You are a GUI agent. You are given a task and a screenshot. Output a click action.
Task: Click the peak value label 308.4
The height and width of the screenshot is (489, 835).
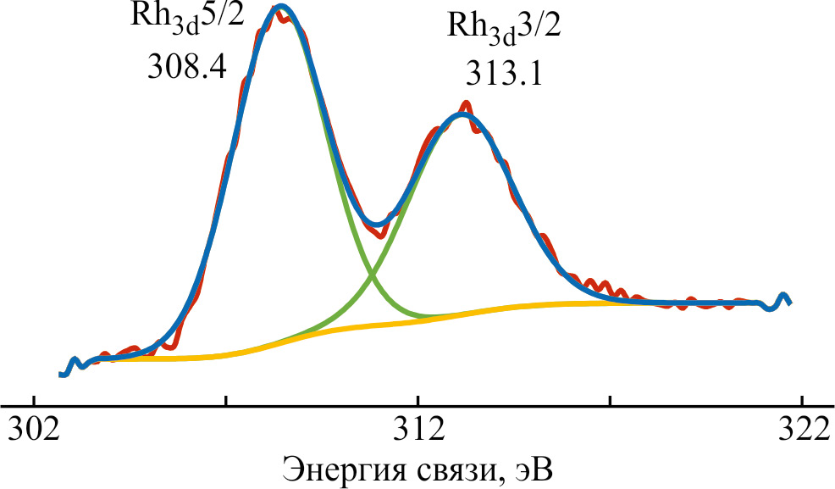click(x=186, y=66)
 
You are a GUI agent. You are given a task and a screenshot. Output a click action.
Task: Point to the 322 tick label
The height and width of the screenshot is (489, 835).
click(x=800, y=431)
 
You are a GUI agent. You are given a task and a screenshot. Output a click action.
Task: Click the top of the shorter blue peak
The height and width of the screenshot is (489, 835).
click(x=462, y=114)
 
